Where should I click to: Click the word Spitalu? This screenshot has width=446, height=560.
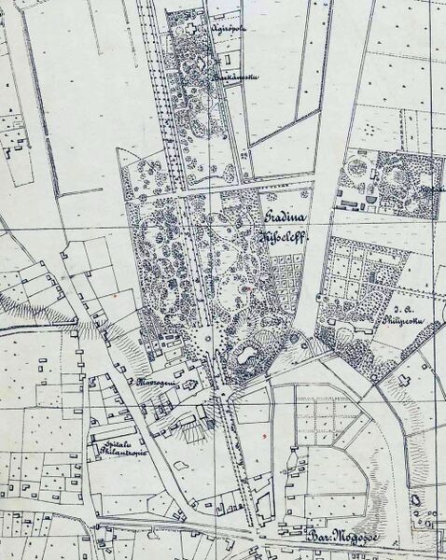pyautogui.click(x=109, y=438)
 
